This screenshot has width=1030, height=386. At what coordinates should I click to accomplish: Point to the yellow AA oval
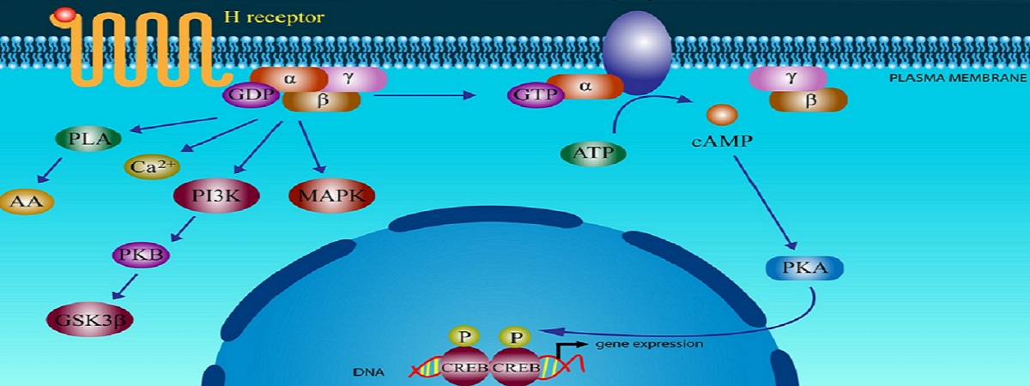(x=27, y=202)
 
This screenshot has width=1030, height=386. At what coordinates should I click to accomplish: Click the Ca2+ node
(x=151, y=166)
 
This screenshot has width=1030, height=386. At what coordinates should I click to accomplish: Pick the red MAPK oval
(x=332, y=196)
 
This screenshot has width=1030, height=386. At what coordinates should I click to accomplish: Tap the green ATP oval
(x=593, y=154)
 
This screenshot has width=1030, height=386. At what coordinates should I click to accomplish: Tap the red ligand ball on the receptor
(x=64, y=15)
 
